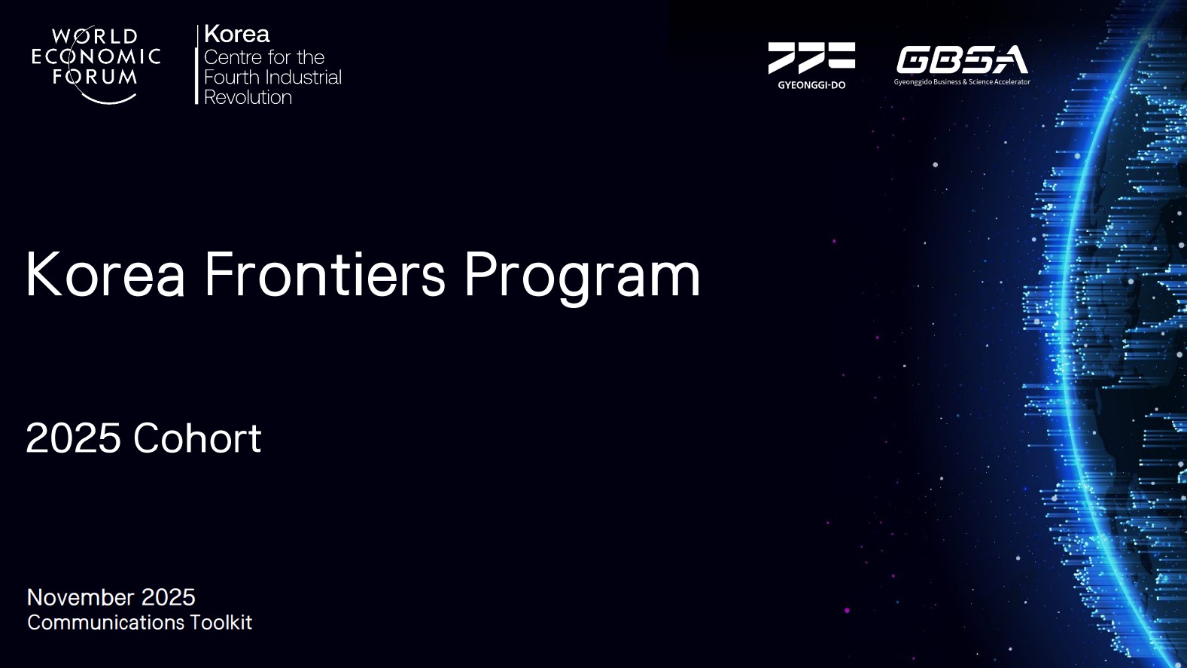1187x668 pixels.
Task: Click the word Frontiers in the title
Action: coord(325,275)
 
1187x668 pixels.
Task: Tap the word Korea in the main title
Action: coord(105,275)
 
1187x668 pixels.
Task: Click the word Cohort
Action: coord(197,438)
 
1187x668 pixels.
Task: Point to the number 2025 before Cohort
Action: coord(74,438)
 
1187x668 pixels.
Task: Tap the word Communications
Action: coord(105,623)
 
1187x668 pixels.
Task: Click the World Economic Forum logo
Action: coord(96,65)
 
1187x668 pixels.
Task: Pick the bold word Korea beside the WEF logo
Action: coord(236,35)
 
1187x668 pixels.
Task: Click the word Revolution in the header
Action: coord(248,98)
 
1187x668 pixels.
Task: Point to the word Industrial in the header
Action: coord(304,78)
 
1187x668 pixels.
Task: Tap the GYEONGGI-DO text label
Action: coord(811,85)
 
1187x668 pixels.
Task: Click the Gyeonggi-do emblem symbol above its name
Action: coord(811,57)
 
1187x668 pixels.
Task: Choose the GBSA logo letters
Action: coord(962,59)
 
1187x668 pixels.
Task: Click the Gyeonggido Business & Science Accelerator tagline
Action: coord(962,82)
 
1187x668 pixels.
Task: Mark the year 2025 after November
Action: coord(168,597)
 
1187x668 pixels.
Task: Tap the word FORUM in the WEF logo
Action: coord(95,77)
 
